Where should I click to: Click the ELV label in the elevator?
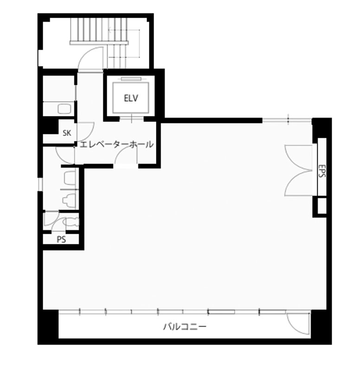click(x=131, y=98)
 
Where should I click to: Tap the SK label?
click(x=67, y=133)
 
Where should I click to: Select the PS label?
click(x=61, y=239)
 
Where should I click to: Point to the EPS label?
click(x=322, y=171)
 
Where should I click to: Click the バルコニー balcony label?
click(x=185, y=327)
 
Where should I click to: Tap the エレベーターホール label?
click(x=116, y=145)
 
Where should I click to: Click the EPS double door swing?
click(x=298, y=170)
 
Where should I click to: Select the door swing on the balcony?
click(x=298, y=324)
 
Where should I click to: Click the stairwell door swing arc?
click(x=90, y=58)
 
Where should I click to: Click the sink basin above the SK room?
click(x=64, y=109)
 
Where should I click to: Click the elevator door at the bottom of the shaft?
click(x=132, y=118)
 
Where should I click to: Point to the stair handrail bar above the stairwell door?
click(x=99, y=43)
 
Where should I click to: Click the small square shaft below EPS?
click(x=322, y=205)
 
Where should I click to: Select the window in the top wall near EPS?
click(x=287, y=120)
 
